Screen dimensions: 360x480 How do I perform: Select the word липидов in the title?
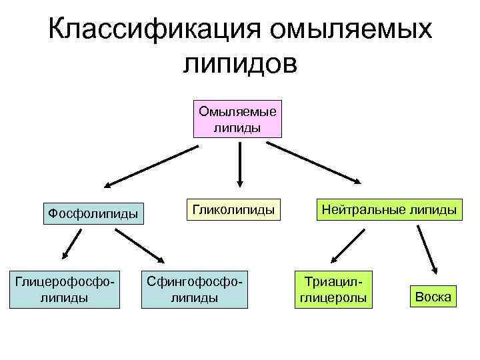(x=239, y=65)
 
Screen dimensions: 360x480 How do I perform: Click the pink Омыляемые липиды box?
(x=238, y=119)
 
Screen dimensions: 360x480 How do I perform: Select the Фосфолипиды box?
(x=93, y=213)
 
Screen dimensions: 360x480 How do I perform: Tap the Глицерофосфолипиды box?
(x=65, y=289)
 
